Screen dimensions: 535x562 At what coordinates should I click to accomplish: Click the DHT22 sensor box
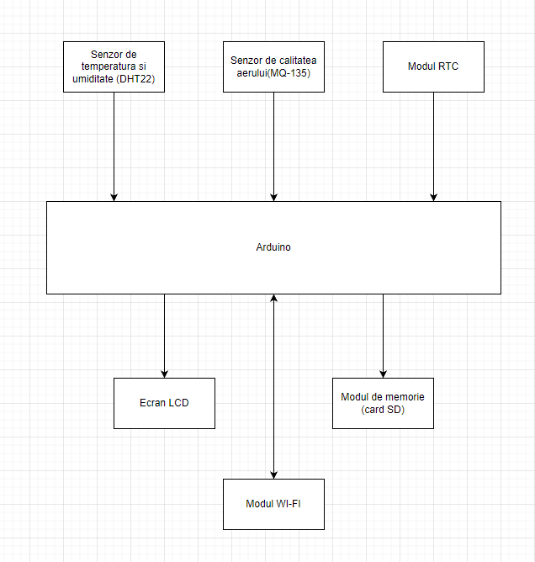click(x=114, y=66)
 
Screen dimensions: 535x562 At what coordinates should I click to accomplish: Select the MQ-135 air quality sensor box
click(x=273, y=66)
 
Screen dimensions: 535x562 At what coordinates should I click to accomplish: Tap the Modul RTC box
click(x=433, y=66)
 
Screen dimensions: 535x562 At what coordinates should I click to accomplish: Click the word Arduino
click(x=273, y=247)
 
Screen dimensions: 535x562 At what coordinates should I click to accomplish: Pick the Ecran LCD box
click(x=165, y=403)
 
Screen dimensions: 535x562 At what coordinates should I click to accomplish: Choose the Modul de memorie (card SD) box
click(x=383, y=403)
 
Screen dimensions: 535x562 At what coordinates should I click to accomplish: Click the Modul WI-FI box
click(x=273, y=504)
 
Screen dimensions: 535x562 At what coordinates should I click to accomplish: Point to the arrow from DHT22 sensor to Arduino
click(x=114, y=146)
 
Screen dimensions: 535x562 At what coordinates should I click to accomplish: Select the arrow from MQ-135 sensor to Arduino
click(x=273, y=146)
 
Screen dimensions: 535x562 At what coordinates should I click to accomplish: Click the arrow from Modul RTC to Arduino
click(x=433, y=146)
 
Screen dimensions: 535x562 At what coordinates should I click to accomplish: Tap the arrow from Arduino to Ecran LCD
click(x=165, y=336)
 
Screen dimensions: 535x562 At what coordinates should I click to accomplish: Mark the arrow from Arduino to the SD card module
click(x=383, y=336)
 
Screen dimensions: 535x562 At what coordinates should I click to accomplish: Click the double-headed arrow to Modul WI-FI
click(x=273, y=386)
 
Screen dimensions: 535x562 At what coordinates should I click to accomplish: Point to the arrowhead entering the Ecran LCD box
click(x=165, y=374)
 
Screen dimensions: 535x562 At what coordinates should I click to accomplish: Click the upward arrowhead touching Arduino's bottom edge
click(x=273, y=298)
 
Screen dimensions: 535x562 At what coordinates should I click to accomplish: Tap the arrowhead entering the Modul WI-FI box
click(x=273, y=475)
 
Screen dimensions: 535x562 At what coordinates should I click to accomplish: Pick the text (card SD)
click(x=383, y=410)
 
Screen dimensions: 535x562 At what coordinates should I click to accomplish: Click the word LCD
click(x=178, y=403)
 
